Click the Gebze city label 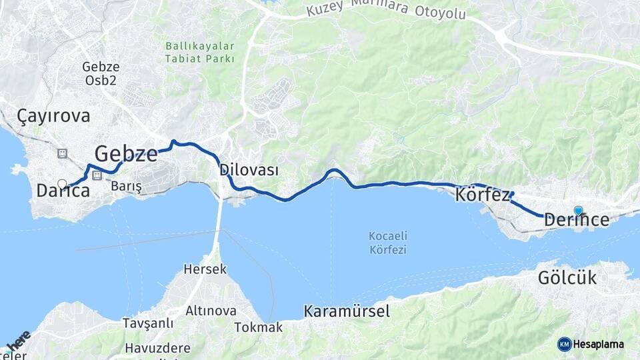(x=126, y=153)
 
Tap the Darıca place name (x=63, y=191)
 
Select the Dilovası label (x=249, y=170)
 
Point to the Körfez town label (x=483, y=195)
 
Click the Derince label (x=577, y=219)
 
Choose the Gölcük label (x=567, y=278)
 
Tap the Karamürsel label (x=347, y=311)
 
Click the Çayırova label (x=45, y=116)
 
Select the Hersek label (x=206, y=270)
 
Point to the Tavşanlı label (x=147, y=323)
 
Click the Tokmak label (x=259, y=327)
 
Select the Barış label (x=127, y=186)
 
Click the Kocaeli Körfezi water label (x=388, y=243)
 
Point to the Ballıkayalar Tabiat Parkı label (x=200, y=53)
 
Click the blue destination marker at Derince (x=578, y=211)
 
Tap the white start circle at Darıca (x=62, y=183)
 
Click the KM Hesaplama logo (x=591, y=344)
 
